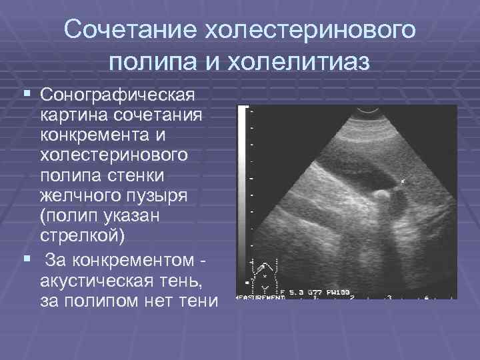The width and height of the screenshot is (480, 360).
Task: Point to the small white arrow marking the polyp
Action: pyautogui.click(x=403, y=181)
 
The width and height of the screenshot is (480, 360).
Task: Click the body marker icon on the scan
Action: pyautogui.click(x=265, y=273)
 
